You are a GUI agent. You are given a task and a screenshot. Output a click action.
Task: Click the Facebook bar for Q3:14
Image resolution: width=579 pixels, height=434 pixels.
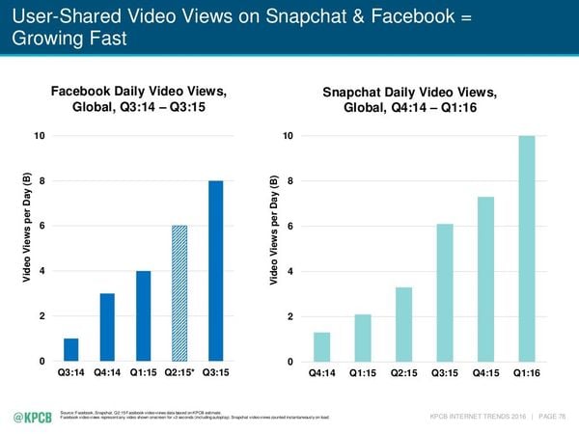coord(71,349)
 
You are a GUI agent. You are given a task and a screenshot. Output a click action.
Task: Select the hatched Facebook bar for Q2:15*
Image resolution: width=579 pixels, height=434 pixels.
coord(179,293)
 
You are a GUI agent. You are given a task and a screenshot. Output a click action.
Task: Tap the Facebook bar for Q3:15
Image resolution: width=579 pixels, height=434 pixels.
coord(216,271)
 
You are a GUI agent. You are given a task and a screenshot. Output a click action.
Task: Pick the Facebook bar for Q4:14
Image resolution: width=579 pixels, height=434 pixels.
coord(107,327)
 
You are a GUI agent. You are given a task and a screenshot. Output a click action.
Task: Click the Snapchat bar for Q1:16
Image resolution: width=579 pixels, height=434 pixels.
coord(526,248)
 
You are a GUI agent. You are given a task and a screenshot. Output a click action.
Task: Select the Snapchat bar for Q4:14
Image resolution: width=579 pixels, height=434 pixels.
coord(321,346)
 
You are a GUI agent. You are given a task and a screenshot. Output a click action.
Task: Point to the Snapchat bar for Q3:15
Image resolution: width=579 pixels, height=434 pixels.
coord(444,292)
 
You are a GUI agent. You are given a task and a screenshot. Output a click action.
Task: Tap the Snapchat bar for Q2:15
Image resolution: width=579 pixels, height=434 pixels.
coord(403,324)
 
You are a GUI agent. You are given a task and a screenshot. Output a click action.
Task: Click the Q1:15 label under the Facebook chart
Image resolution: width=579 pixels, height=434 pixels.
coord(143,372)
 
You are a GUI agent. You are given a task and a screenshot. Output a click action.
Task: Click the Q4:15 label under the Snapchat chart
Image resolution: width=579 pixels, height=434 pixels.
coord(485,373)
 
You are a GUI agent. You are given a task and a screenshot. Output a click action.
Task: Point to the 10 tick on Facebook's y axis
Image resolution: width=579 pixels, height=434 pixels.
coord(39,136)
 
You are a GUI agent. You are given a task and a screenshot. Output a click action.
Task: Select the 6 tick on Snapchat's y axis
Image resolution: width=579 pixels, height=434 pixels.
coord(289,227)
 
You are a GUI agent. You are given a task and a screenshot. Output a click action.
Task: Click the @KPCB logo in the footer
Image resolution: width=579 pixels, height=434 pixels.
coord(33,417)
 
